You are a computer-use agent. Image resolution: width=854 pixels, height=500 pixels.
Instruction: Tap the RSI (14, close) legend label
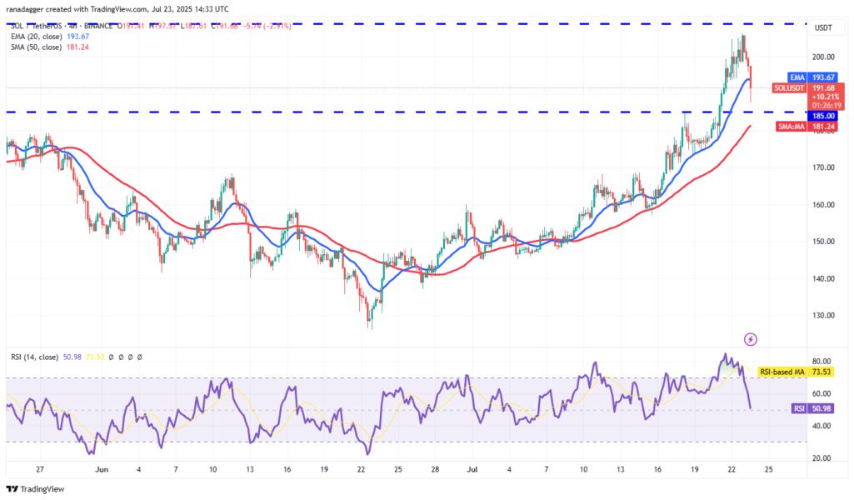point(35,357)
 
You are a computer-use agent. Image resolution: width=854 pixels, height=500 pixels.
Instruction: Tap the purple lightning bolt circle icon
point(750,339)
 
